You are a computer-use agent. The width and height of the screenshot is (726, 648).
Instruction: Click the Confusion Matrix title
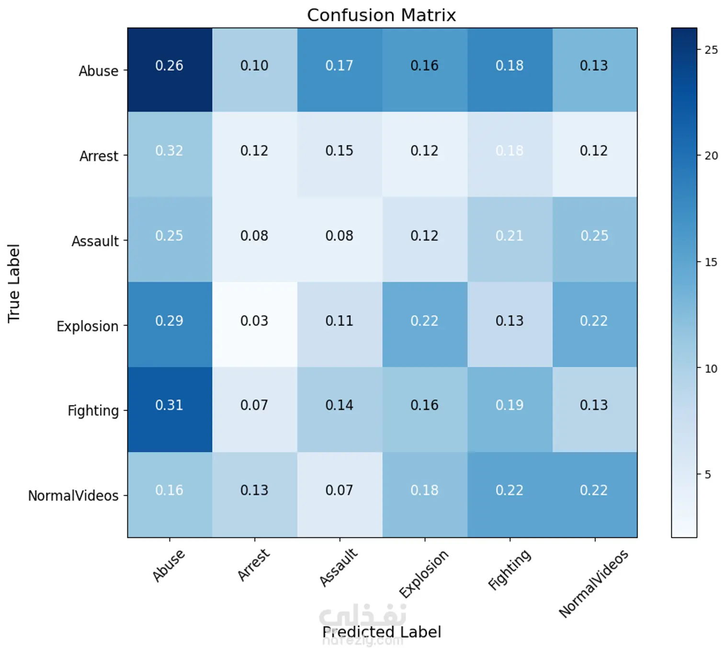tap(381, 15)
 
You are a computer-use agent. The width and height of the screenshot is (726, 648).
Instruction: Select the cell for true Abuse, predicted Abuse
tap(170, 66)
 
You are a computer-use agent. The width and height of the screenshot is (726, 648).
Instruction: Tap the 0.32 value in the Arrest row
tap(170, 151)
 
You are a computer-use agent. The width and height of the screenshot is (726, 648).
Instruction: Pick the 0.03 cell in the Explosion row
tap(254, 321)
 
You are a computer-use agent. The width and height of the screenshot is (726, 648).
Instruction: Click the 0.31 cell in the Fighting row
tap(170, 406)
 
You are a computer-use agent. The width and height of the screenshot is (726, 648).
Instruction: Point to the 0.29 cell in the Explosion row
tap(170, 321)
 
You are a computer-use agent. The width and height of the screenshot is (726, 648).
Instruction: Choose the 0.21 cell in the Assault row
tap(510, 236)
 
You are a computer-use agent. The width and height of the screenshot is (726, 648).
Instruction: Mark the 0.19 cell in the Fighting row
tap(510, 406)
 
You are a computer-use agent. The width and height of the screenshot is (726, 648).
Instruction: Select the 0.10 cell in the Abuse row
tap(254, 66)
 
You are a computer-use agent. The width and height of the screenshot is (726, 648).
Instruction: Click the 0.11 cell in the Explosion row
tap(340, 321)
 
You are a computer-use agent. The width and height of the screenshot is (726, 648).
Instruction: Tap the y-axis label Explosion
tap(88, 326)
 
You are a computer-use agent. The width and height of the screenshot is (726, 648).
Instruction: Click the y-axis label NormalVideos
tap(73, 496)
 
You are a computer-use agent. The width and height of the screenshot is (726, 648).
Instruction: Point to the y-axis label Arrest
tap(99, 156)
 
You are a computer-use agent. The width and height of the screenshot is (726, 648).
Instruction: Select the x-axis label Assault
tap(339, 568)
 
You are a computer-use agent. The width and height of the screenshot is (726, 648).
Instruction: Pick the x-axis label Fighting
tap(509, 569)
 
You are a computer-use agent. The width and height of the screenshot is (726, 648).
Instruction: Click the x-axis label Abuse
tap(169, 566)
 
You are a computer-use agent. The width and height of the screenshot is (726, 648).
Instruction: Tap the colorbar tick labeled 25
tap(711, 50)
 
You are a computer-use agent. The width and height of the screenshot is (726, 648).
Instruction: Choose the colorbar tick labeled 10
tap(711, 369)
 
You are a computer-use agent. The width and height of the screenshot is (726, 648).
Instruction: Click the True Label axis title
tap(14, 283)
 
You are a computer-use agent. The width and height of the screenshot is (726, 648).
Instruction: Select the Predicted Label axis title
tap(381, 632)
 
